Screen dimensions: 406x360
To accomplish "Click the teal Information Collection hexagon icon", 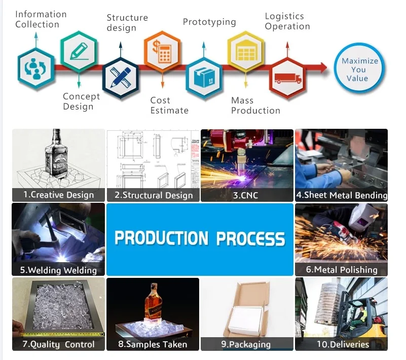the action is pos(35,69).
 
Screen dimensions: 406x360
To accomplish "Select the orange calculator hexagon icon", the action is pos(163,51).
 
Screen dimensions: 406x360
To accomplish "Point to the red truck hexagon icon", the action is pos(287,78).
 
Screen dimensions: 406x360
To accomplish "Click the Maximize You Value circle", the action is pos(359,69).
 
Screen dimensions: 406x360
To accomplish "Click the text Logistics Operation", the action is pos(287,22).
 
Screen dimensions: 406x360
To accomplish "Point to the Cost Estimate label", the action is pos(169,105).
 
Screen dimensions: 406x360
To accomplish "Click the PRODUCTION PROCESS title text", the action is pos(200,238).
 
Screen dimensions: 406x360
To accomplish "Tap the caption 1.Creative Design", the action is pos(59,195).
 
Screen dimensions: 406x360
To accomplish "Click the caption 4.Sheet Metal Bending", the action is pos(342,195).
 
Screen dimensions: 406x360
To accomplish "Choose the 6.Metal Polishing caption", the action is pos(342,269).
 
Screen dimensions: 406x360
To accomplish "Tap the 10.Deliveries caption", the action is pos(342,344).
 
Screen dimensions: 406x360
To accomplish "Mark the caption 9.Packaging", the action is pos(246,344).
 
